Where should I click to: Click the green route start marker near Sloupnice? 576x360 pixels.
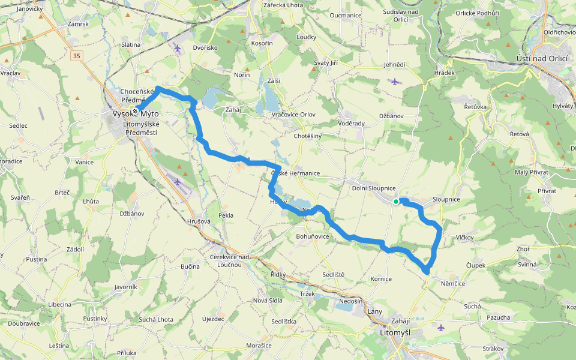(396, 202)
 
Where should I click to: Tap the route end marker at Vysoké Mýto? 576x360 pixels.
(136, 111)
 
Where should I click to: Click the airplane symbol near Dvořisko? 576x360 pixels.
(178, 47)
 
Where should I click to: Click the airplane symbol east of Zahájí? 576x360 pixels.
(442, 328)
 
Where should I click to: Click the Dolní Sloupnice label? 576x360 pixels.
(374, 188)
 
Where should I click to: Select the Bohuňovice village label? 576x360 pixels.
(313, 236)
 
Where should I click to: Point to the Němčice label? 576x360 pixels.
(452, 283)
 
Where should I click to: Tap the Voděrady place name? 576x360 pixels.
(352, 123)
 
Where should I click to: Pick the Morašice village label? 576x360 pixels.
(259, 346)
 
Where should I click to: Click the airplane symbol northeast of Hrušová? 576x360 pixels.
(178, 181)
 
